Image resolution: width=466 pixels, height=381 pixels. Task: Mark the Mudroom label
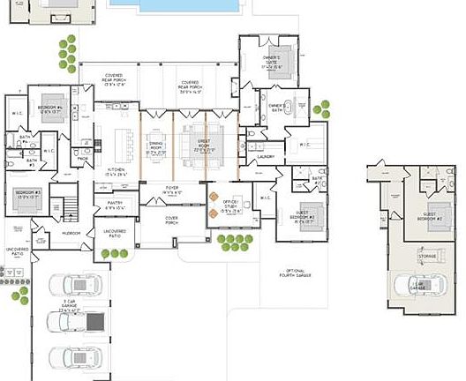pos(71,233)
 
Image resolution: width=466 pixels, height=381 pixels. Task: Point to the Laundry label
pos(266,157)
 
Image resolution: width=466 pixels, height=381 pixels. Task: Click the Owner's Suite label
pos(271,62)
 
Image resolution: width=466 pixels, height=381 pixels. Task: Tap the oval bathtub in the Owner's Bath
pos(302,108)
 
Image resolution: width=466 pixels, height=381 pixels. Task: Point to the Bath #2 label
pos(316,180)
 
